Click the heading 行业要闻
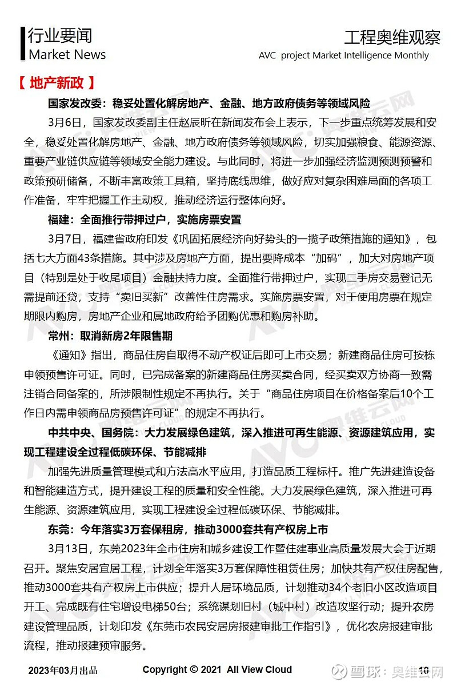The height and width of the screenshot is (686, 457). [59, 36]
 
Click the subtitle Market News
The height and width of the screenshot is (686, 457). [67, 55]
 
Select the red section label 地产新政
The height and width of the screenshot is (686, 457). [55, 83]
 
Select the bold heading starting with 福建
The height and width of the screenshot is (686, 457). [144, 220]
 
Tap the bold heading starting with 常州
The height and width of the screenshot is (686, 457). [110, 336]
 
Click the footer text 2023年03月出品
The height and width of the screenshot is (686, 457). [63, 670]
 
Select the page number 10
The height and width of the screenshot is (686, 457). [424, 670]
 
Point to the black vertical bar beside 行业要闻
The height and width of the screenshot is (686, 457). [23, 45]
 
